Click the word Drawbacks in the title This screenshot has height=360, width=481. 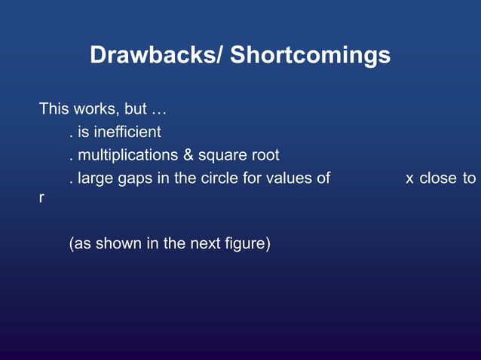152,55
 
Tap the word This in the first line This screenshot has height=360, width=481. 54,109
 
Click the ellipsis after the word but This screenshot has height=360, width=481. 159,110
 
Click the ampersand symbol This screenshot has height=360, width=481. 188,156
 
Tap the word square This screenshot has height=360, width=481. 225,156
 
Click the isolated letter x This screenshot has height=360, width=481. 409,179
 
